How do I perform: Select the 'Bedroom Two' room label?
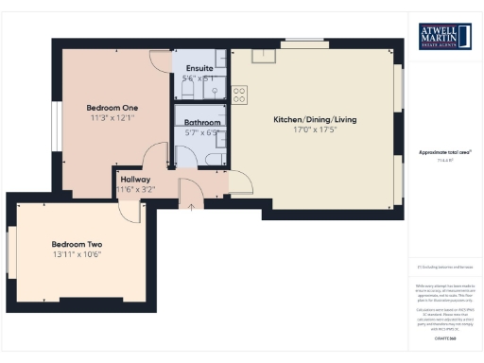(x=77, y=244)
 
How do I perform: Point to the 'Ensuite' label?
(x=199, y=69)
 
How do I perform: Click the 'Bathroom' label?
(x=202, y=123)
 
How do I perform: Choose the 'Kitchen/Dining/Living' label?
(x=314, y=120)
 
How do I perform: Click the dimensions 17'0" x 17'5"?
(x=314, y=131)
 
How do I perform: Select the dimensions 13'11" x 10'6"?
(x=77, y=255)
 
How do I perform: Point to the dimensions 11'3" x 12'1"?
(x=112, y=118)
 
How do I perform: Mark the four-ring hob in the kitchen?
(x=240, y=94)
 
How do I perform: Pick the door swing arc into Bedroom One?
(x=159, y=59)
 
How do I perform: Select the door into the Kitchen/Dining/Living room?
(x=238, y=181)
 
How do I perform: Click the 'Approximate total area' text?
(x=444, y=151)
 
